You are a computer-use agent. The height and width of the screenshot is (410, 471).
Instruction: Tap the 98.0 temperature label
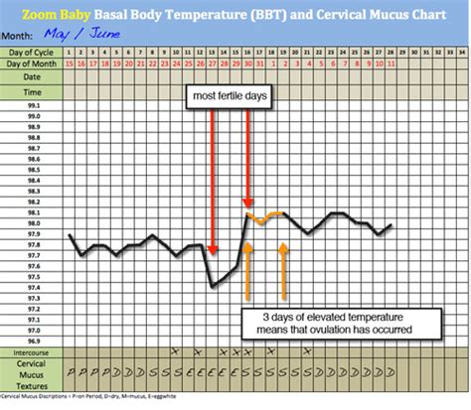(x=35, y=223)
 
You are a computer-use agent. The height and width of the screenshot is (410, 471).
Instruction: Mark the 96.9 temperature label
(x=35, y=340)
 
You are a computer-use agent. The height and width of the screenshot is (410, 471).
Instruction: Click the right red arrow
(x=247, y=159)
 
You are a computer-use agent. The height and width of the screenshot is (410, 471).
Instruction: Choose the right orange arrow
(x=284, y=268)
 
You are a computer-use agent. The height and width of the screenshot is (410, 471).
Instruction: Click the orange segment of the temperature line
(x=265, y=217)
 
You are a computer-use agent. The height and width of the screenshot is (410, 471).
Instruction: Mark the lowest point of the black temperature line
(x=213, y=286)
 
